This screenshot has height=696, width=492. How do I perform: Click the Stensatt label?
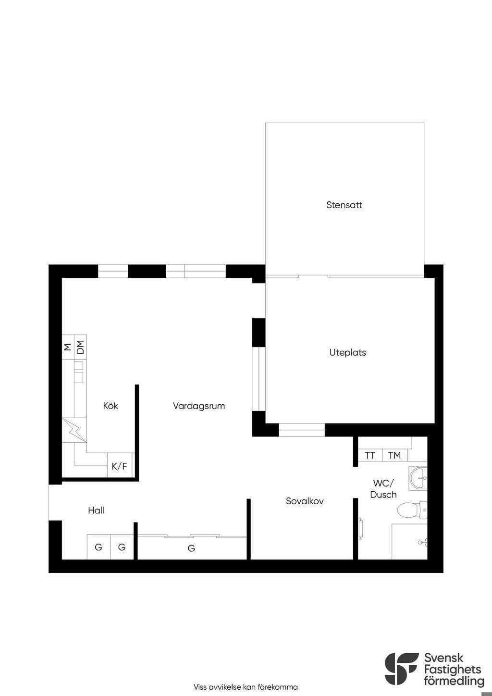coord(344,205)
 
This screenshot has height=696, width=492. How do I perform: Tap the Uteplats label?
coord(347,352)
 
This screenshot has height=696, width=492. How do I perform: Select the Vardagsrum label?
coord(199,406)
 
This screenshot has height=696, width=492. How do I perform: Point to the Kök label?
coord(111,406)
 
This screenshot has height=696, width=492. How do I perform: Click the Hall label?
coord(96,510)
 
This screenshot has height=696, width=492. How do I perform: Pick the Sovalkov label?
coord(305,501)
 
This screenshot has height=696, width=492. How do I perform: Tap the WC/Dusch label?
coord(383,489)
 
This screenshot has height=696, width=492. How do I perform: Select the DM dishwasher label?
coord(80,347)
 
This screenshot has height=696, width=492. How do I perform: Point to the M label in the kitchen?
coord(68,347)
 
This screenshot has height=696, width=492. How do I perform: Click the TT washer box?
coord(370,455)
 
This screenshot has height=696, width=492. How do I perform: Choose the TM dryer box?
coord(394,455)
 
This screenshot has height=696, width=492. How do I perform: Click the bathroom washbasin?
coord(418,478)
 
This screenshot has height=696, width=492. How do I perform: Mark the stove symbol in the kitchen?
coord(74,430)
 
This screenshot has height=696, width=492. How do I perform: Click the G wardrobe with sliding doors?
coord(192,547)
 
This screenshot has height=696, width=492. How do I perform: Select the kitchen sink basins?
coord(79,372)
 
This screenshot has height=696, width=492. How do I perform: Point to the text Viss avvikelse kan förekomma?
coord(246,687)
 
